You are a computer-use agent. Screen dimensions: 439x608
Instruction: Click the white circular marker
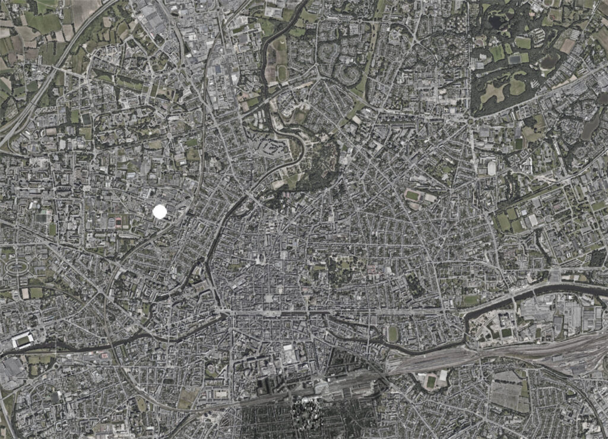[159, 211]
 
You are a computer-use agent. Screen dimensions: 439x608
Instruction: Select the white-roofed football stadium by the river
[23, 340]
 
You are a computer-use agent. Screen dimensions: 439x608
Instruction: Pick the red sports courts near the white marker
[121, 222]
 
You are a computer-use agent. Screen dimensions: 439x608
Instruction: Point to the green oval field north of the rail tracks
[392, 334]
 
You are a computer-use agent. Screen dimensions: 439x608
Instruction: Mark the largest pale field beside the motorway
[83, 8]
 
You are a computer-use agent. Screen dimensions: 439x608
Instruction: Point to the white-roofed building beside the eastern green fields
[492, 168]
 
